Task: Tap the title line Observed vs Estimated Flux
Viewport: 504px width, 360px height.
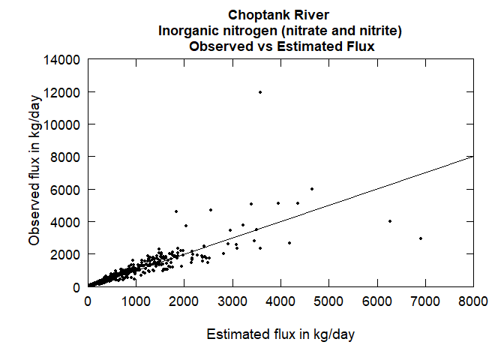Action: click(x=281, y=46)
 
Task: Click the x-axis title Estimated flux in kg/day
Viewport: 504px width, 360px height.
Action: click(x=280, y=334)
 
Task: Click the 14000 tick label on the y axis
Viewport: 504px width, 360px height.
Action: click(x=64, y=59)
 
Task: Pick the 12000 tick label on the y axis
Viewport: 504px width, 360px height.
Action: click(x=64, y=91)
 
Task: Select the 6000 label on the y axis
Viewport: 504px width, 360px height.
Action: click(x=67, y=189)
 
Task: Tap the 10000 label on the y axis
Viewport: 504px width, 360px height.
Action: click(x=64, y=124)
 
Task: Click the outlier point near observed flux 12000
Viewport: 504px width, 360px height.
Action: click(x=260, y=92)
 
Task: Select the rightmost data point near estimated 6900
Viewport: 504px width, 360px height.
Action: click(x=421, y=238)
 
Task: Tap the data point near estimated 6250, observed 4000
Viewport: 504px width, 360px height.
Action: click(x=390, y=221)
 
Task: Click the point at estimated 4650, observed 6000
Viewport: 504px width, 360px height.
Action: click(x=312, y=189)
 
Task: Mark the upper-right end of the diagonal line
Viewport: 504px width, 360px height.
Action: click(x=472, y=157)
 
